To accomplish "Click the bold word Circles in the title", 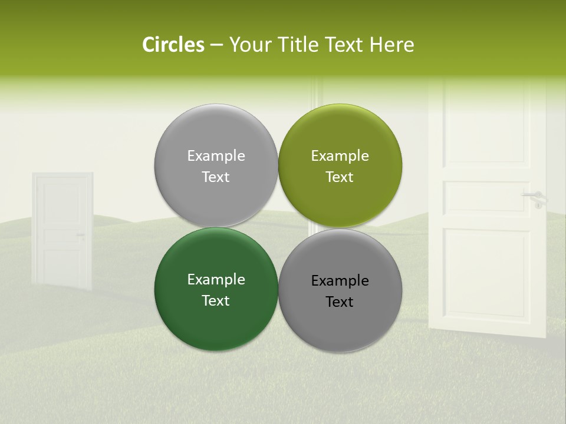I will (173, 45).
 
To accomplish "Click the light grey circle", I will (216, 165).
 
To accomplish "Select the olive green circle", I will (340, 165).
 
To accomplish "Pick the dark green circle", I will (216, 289).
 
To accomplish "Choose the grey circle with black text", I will (340, 290).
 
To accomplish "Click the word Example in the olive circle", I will (340, 156).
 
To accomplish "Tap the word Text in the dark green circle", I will (216, 300).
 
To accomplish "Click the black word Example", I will (340, 281).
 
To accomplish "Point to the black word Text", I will (340, 302).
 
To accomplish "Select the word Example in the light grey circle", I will (216, 156).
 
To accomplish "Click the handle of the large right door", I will (534, 196).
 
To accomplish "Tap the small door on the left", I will (62, 230).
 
